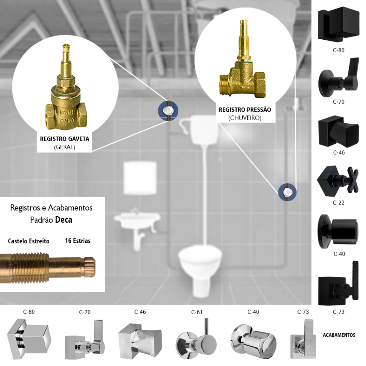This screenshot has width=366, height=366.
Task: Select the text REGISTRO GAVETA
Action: (x=64, y=139)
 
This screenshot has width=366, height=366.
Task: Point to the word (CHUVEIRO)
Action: (x=245, y=118)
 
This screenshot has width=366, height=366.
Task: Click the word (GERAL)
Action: (x=64, y=147)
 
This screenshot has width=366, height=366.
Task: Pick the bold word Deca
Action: (x=64, y=219)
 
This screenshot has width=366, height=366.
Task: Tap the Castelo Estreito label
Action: (x=29, y=241)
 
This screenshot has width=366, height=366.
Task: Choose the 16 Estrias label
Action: (x=78, y=241)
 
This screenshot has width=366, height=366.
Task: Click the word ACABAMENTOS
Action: (x=339, y=335)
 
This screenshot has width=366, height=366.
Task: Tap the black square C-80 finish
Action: (x=338, y=24)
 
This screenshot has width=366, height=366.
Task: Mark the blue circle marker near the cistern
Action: (x=168, y=111)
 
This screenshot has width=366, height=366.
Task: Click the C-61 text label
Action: (x=197, y=312)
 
